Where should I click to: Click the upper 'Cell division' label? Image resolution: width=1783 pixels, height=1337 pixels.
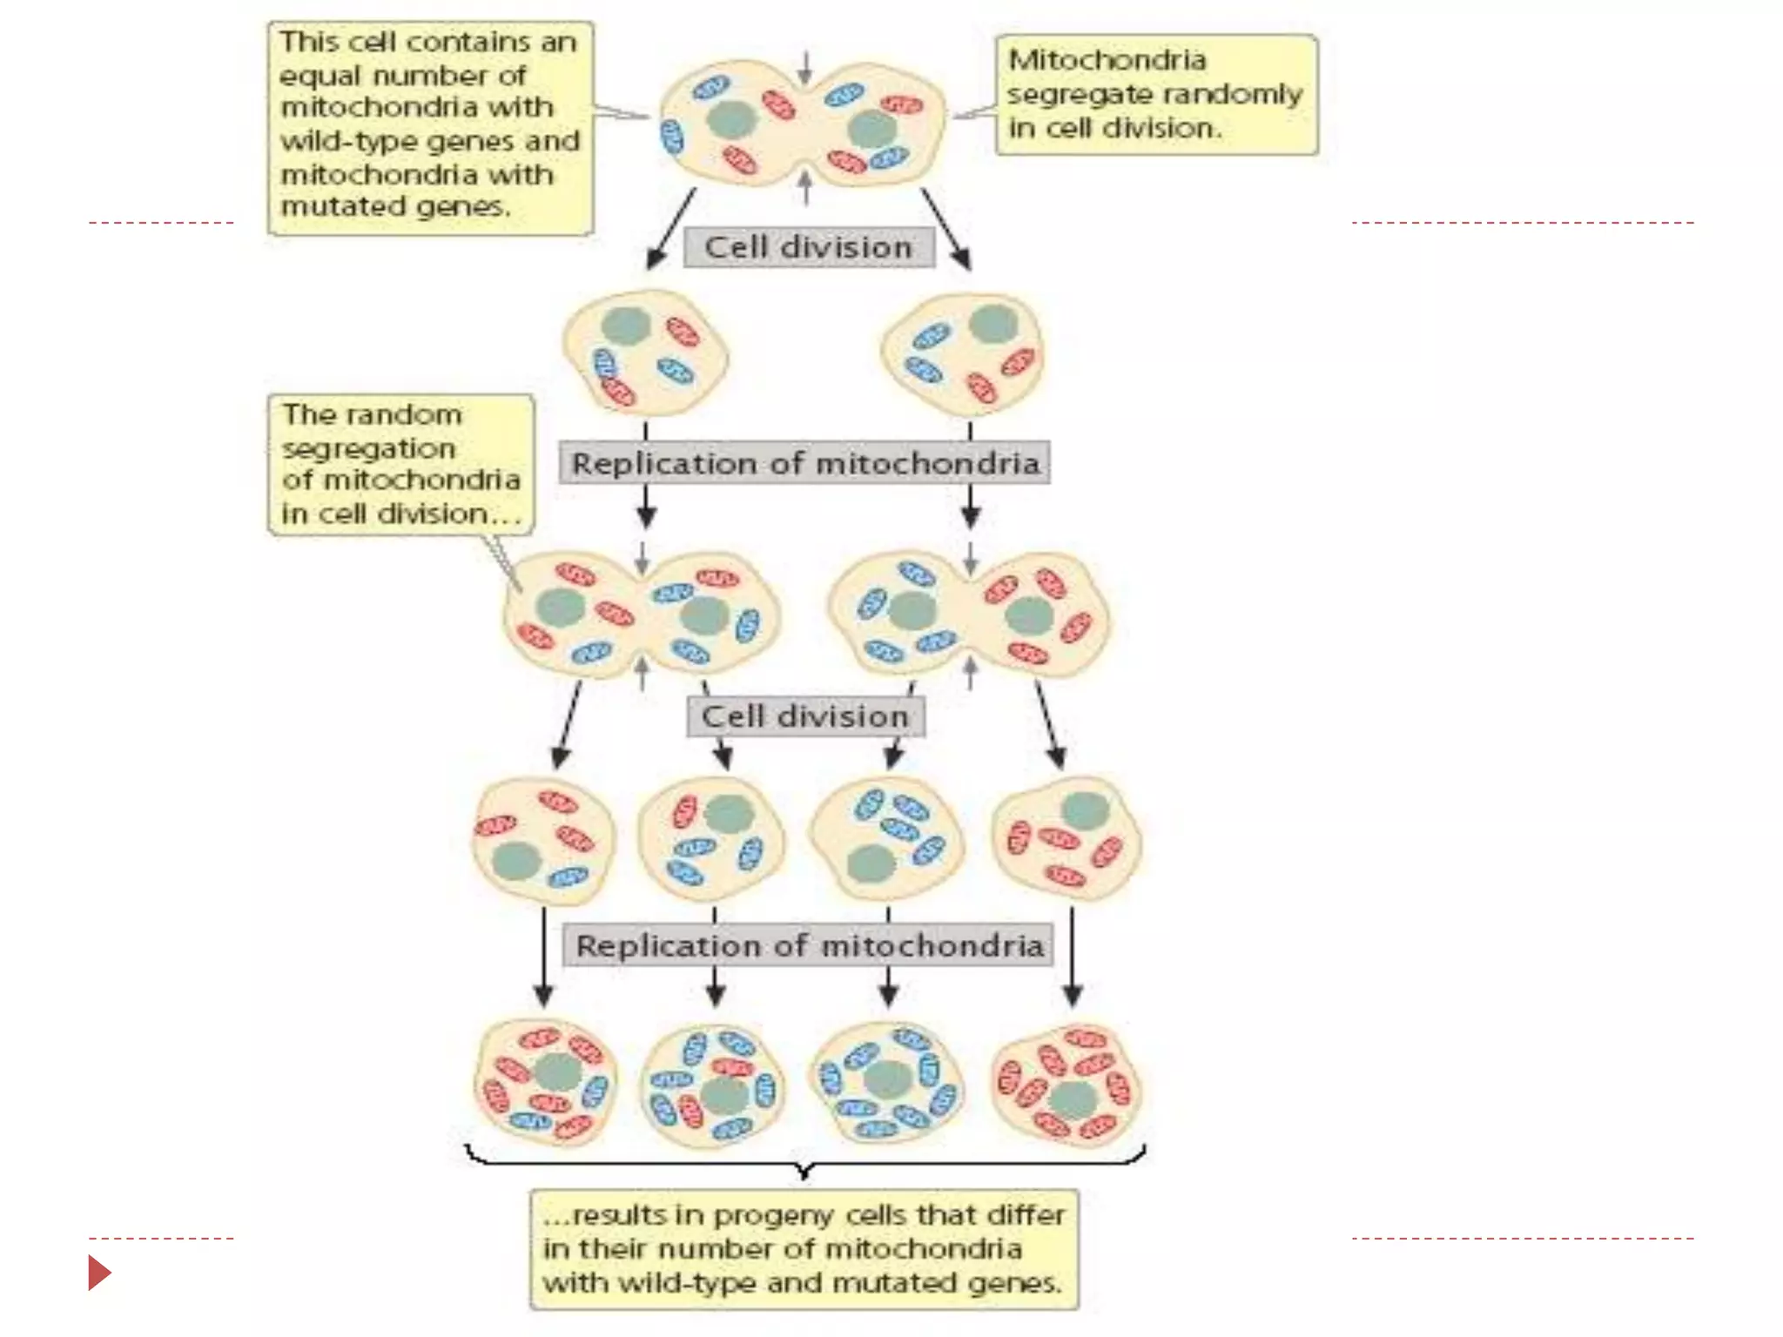(x=808, y=247)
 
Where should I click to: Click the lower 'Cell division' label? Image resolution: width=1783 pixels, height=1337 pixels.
(x=804, y=716)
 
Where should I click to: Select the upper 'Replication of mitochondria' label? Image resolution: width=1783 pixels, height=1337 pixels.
(x=804, y=463)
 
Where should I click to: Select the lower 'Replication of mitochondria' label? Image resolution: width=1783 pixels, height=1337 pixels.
(x=809, y=945)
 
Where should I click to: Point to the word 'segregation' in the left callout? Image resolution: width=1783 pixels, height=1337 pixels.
(x=368, y=448)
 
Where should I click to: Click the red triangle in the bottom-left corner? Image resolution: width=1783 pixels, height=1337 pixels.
(x=99, y=1273)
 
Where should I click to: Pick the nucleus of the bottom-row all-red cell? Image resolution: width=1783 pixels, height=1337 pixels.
(x=1073, y=1100)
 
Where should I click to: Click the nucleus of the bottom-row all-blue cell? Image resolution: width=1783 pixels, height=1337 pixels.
(x=887, y=1080)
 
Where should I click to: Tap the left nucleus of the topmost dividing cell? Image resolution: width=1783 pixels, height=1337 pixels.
(x=730, y=119)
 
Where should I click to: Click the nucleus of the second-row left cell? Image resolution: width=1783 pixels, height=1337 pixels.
(x=625, y=326)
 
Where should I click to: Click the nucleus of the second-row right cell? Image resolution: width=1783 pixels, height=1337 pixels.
(x=993, y=323)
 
